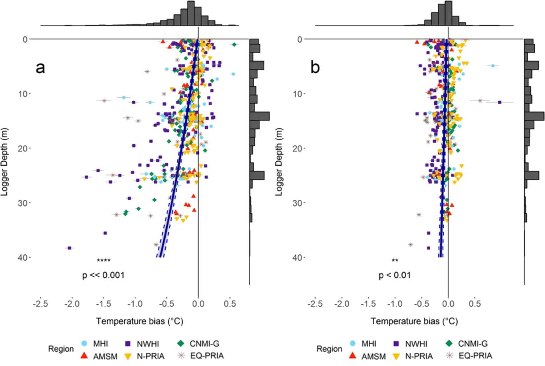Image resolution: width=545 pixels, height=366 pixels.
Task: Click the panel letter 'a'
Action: click(x=40, y=68)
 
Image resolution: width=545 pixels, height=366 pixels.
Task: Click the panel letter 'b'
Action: click(x=315, y=68)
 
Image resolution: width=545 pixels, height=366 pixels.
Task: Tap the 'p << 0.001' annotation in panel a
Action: click(x=103, y=275)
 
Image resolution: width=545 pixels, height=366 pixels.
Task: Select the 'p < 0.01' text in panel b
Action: click(x=394, y=275)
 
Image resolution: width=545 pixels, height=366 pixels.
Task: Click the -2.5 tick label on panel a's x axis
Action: click(x=40, y=304)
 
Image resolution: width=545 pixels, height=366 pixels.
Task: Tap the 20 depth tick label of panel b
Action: click(x=298, y=148)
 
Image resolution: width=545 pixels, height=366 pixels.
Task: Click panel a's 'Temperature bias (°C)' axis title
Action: click(x=139, y=321)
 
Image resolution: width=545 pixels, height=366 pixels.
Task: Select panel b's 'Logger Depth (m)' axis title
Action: click(x=279, y=162)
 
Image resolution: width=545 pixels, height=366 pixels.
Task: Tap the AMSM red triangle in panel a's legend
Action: click(x=84, y=356)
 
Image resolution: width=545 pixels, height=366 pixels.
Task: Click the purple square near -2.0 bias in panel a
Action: click(x=69, y=248)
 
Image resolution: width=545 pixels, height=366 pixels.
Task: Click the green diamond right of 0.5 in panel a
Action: click(x=234, y=44)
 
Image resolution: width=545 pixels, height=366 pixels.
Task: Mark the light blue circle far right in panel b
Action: click(x=493, y=66)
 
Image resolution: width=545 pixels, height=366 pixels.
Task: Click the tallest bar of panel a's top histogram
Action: click(x=191, y=13)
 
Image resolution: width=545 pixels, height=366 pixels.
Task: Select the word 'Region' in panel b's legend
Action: click(x=329, y=349)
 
